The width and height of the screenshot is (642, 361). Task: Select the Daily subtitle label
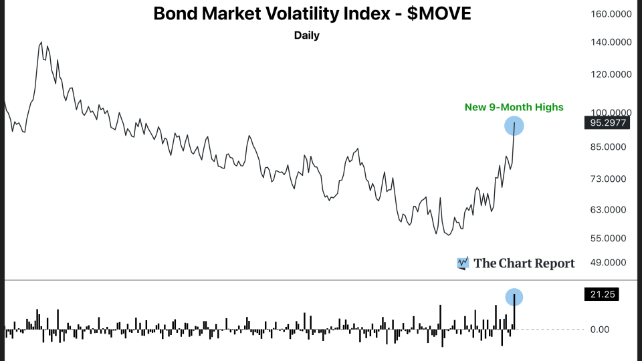tap(307, 35)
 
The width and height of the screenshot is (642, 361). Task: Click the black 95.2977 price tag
tap(610, 123)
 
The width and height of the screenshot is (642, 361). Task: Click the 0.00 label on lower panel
tap(600, 329)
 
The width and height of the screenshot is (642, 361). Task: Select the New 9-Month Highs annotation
tap(514, 107)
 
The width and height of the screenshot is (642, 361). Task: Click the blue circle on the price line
tap(514, 125)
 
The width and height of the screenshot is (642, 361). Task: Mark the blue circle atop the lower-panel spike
tap(514, 297)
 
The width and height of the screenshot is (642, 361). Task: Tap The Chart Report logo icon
tap(462, 263)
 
